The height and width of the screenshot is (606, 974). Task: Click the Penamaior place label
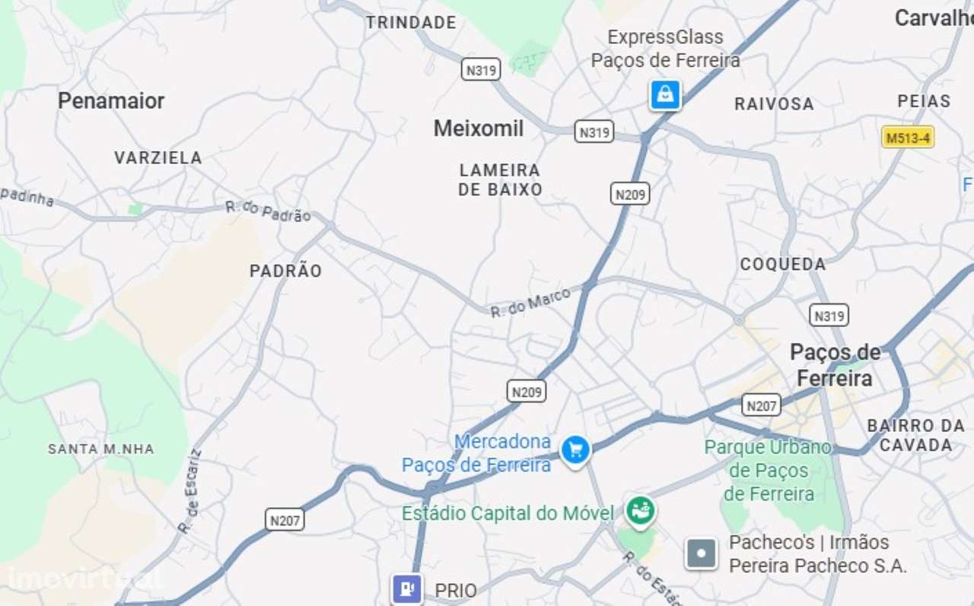click(111, 100)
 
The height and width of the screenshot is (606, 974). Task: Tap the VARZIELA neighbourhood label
click(158, 158)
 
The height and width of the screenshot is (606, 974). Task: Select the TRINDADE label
click(411, 23)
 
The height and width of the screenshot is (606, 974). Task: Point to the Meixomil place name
click(479, 128)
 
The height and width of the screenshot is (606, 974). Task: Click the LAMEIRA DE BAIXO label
click(500, 179)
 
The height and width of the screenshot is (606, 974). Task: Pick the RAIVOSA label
click(774, 104)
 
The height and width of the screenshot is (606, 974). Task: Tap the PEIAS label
click(924, 101)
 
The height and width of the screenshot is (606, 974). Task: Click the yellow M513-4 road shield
click(908, 138)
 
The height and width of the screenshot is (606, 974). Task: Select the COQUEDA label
click(783, 265)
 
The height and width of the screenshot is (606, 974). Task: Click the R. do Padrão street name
click(268, 211)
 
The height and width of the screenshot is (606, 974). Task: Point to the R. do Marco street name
click(530, 303)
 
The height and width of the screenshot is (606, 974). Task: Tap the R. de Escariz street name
click(190, 490)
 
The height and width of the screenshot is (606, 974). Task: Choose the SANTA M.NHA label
click(101, 449)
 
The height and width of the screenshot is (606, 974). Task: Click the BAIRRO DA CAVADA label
click(915, 435)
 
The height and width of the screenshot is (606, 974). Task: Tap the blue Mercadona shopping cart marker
click(576, 449)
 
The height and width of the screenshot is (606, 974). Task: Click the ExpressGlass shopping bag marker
click(665, 95)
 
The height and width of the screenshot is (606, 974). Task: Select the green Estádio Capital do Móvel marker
click(641, 512)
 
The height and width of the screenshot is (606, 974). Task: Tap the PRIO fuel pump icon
click(406, 589)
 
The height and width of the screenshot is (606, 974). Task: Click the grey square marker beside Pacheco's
click(701, 554)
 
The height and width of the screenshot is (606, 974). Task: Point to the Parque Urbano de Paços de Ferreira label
click(769, 471)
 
